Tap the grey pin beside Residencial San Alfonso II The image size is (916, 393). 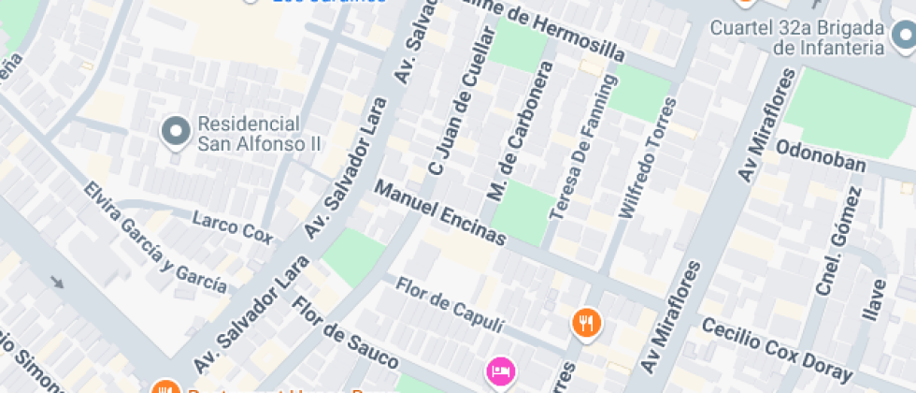(175, 133)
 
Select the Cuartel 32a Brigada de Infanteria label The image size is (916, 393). (797, 37)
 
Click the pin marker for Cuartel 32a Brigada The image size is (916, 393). (902, 36)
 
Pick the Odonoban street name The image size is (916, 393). (821, 156)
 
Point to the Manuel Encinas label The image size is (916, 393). (440, 213)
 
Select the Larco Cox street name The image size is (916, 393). (232, 227)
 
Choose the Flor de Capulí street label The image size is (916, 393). (450, 304)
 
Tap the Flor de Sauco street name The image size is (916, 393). (345, 333)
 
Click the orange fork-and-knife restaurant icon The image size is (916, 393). (586, 323)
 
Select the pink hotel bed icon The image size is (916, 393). (501, 371)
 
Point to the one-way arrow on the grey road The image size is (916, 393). (58, 282)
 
